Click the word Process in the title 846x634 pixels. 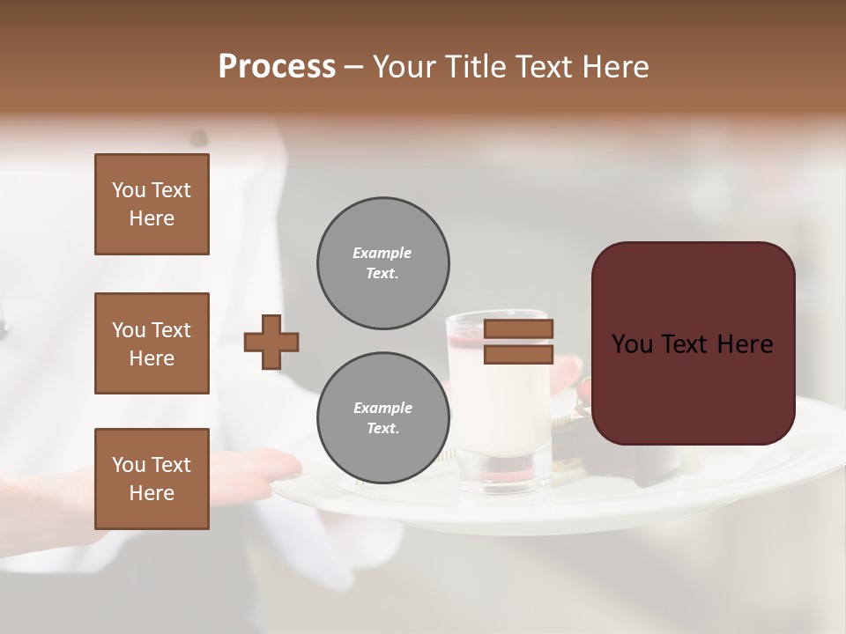click(x=277, y=67)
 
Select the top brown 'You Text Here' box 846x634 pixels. click(x=152, y=204)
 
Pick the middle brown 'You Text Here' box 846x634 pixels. click(x=152, y=343)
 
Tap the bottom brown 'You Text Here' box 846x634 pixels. click(x=152, y=479)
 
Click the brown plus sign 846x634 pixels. click(x=271, y=342)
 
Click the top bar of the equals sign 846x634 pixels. click(x=518, y=329)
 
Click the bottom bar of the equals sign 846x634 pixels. click(x=518, y=354)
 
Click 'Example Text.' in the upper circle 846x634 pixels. click(x=382, y=263)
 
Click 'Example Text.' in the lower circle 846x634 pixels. click(x=382, y=418)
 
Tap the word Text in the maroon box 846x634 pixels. click(x=692, y=344)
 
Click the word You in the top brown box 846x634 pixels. click(x=129, y=190)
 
